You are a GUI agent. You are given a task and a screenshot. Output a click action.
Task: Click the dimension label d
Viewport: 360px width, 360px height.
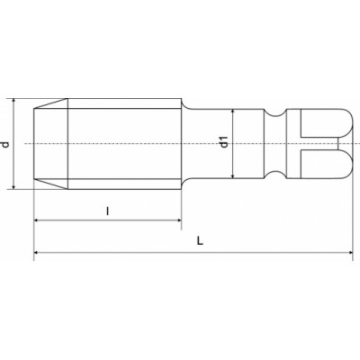point(5,144)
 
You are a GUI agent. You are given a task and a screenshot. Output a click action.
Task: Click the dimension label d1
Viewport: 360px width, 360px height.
point(224,142)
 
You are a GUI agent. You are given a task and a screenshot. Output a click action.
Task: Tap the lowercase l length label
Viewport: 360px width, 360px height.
point(108,211)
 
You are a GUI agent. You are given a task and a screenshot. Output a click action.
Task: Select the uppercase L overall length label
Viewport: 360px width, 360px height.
point(200,240)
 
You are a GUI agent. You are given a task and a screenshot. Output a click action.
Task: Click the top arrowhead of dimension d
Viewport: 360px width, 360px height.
point(13,101)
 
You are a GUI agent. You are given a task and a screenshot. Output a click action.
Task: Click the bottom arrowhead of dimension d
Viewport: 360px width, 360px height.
point(13,186)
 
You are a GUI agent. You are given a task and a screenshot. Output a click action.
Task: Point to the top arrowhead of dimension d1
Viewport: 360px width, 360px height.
point(233,112)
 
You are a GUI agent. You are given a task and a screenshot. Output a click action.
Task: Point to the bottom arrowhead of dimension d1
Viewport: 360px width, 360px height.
point(233,176)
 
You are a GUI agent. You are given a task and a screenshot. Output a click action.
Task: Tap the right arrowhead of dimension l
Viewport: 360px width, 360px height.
point(179,220)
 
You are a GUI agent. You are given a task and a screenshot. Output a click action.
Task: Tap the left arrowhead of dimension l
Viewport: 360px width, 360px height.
point(36,220)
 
